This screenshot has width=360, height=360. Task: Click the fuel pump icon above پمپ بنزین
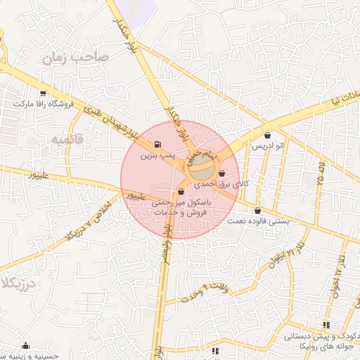(156, 143)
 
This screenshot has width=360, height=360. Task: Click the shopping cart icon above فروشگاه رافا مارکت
(44, 93)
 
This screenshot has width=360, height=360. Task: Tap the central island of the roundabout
(202, 167)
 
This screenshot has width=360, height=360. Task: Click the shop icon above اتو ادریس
(267, 136)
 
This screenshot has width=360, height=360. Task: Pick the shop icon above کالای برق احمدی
(222, 174)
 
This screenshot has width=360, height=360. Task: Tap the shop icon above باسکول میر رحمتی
(181, 191)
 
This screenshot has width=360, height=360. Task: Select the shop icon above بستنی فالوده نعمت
(257, 210)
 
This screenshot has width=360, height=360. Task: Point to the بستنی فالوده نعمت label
(258, 221)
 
